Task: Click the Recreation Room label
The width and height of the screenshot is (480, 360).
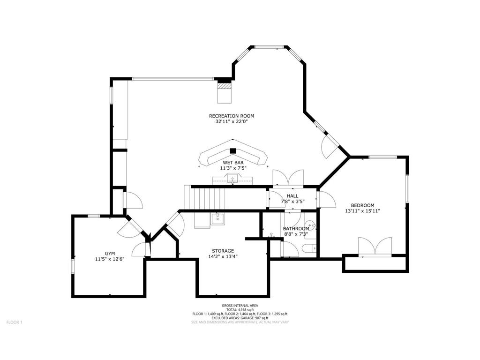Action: pyautogui.click(x=232, y=116)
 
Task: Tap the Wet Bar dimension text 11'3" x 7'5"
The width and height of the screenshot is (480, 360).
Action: pyautogui.click(x=233, y=168)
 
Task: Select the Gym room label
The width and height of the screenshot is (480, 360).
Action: pyautogui.click(x=110, y=253)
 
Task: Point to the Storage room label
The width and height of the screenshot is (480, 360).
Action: pyautogui.click(x=223, y=251)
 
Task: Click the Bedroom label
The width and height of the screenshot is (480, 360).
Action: pyautogui.click(x=362, y=205)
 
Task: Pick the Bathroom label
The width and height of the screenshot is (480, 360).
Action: pyautogui.click(x=296, y=229)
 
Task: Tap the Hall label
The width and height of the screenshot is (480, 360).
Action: pyautogui.click(x=292, y=196)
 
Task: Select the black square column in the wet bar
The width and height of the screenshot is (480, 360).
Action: pyautogui.click(x=233, y=150)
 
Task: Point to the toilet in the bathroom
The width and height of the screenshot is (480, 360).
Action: pyautogui.click(x=308, y=248)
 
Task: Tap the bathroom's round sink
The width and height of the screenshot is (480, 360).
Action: pyautogui.click(x=311, y=226)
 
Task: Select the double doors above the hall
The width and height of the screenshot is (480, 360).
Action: pyautogui.click(x=288, y=178)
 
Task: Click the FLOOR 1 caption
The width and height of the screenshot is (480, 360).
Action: pyautogui.click(x=15, y=322)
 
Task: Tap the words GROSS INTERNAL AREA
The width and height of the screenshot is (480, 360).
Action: pyautogui.click(x=240, y=306)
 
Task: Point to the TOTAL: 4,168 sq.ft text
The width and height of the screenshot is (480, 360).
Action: pyautogui.click(x=240, y=310)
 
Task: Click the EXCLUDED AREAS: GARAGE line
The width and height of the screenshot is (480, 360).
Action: pyautogui.click(x=240, y=318)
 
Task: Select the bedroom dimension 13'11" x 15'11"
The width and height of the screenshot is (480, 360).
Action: pyautogui.click(x=362, y=210)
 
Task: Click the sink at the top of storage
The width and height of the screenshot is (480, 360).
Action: pyautogui.click(x=217, y=218)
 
